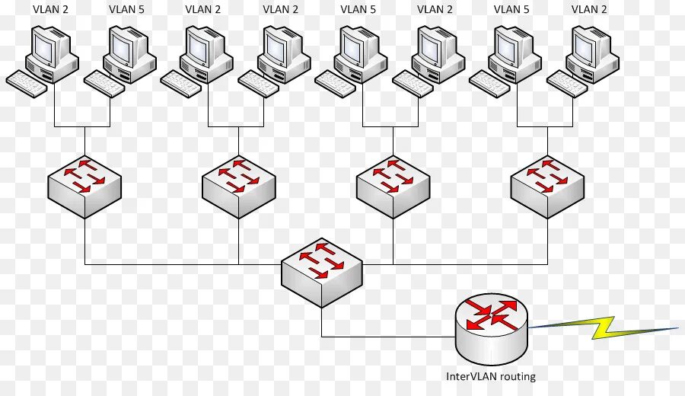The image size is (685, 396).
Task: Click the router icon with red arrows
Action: coord(491,327)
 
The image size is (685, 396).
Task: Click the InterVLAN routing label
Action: coord(491,376)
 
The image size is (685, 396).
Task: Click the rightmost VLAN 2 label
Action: coord(589,10)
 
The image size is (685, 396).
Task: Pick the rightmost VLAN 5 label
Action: coord(511,10)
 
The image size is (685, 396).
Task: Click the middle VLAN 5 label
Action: coord(358,10)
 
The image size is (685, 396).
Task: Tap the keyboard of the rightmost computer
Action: coord(566,84)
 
